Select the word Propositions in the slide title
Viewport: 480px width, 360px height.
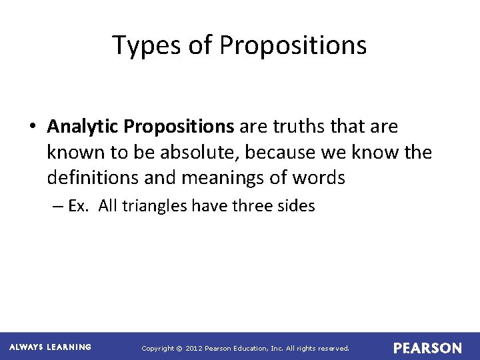coord(293,45)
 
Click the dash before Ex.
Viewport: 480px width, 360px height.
coord(57,206)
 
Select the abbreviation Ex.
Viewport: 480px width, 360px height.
coord(77,206)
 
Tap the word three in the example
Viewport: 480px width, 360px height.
coord(253,206)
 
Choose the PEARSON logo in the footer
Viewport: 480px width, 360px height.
coord(427,348)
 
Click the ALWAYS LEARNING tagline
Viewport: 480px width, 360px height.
coord(51,347)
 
